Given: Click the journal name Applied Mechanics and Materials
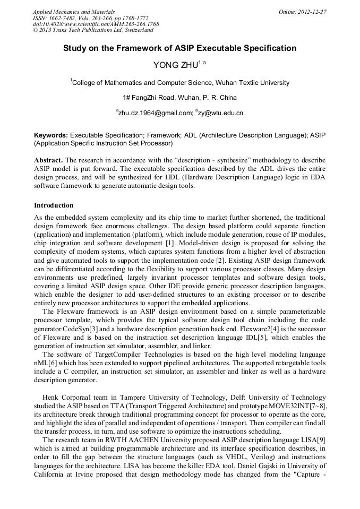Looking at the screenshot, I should (74, 11).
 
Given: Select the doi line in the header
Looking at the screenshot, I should (96, 24).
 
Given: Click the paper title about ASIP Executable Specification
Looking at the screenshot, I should (179, 48).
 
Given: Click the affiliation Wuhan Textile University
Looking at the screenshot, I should (247, 83).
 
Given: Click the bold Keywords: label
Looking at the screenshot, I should (50, 136).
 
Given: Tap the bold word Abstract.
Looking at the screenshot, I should (48, 160).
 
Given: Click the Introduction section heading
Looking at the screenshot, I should (54, 205).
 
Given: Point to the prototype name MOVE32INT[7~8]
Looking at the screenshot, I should (302, 406).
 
